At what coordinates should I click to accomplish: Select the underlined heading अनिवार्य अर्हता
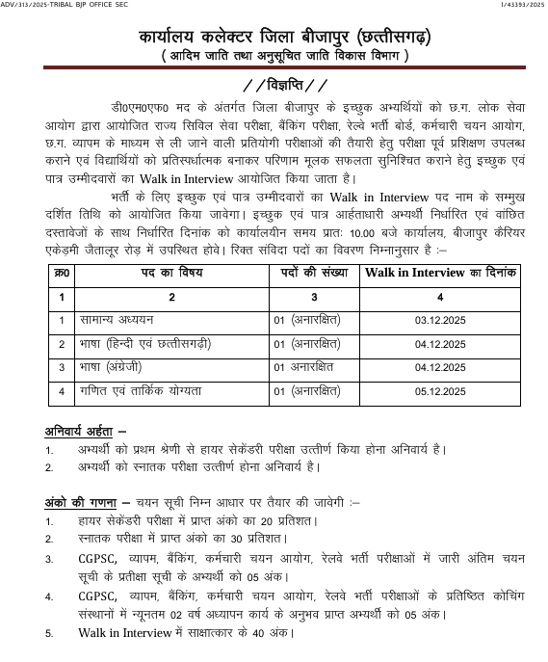(85, 430)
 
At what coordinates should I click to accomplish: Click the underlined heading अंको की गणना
(80, 502)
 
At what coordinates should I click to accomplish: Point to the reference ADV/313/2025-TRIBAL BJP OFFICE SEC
(65, 6)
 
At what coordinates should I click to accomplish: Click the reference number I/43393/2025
(516, 6)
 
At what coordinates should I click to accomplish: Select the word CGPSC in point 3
(97, 559)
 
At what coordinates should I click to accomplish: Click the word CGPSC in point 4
(97, 596)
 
